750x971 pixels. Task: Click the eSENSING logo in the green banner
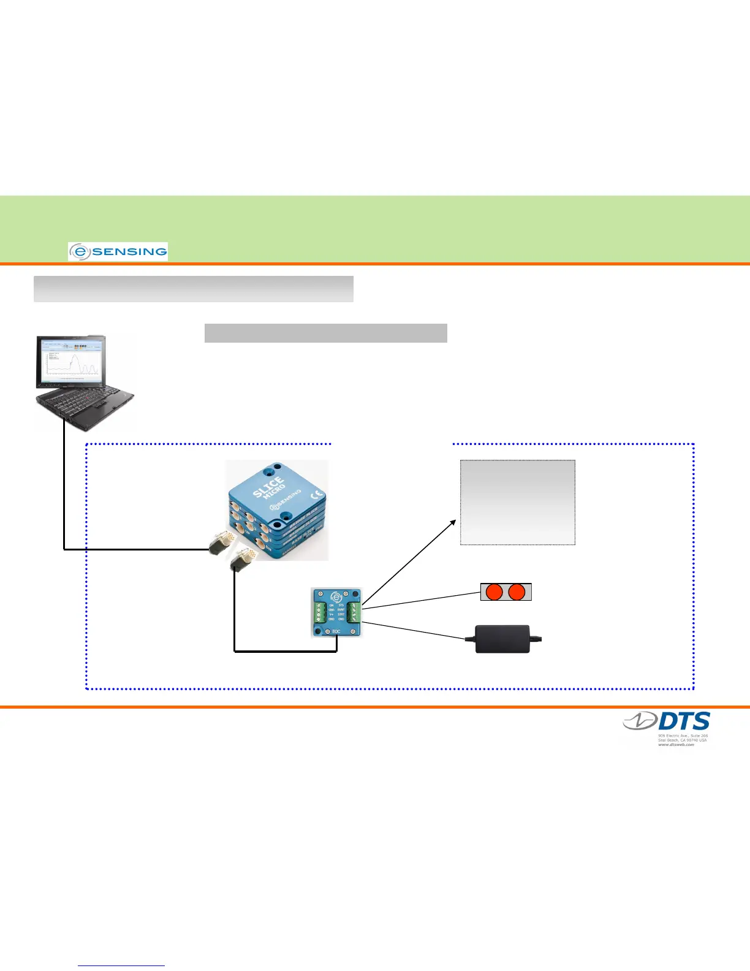118,251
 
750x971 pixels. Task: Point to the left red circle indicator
494,592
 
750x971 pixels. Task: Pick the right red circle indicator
517,592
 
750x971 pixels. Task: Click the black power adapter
503,639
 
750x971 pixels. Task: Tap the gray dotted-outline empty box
518,502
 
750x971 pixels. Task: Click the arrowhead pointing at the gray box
453,522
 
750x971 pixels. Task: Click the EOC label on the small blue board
336,631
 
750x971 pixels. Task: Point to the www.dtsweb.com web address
676,744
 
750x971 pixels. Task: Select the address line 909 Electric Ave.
683,736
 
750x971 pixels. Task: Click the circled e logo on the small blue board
336,598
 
